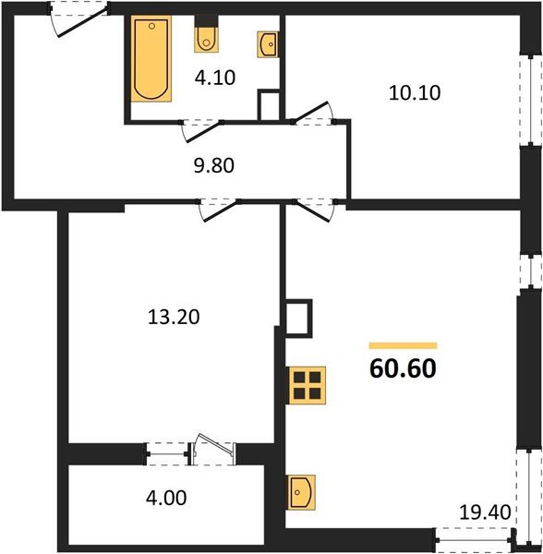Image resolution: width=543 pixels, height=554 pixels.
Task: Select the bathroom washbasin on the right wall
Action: (270, 42)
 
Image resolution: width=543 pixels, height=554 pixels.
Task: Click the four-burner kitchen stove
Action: (307, 384)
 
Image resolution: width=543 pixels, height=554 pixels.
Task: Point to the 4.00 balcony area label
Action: (167, 499)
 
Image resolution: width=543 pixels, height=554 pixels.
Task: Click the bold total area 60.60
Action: (402, 368)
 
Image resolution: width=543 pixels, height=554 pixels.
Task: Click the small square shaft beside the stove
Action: (299, 318)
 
